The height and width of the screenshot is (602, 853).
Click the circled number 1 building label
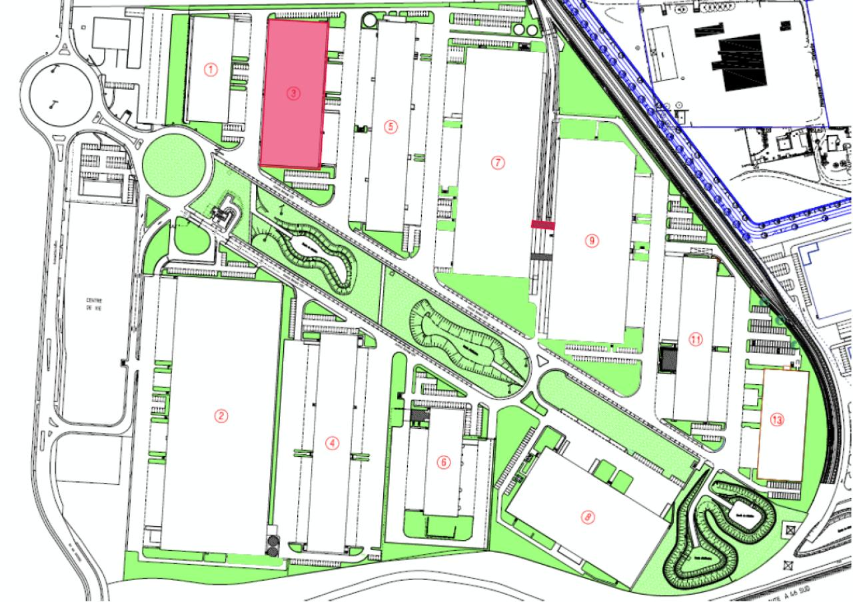coord(211,69)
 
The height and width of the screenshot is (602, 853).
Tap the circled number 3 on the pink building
coord(293,94)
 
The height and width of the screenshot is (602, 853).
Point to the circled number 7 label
coord(495,162)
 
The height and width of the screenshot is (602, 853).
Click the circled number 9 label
coord(591,240)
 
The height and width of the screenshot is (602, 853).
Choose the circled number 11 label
coord(696,340)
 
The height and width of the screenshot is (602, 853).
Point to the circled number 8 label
coord(587,515)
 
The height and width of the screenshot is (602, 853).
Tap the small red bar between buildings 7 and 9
coord(542,225)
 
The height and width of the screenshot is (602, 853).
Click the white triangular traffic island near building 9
coord(539,360)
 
